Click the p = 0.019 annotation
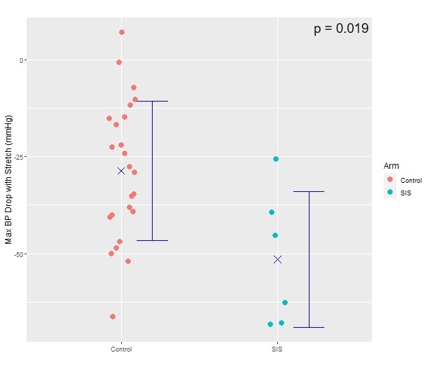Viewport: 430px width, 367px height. coord(341,29)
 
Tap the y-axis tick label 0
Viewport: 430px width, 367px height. coord(21,60)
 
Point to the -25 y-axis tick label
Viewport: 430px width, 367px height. coord(19,157)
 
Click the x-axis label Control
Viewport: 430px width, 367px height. coord(121,349)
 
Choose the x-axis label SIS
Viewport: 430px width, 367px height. coord(277,349)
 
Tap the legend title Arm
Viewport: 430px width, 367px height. coord(391,165)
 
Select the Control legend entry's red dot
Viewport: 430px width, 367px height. coord(391,179)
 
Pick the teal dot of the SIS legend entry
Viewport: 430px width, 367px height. coord(391,192)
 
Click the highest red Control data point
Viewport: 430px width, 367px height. coord(122,32)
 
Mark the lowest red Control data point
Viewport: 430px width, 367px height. coord(113,317)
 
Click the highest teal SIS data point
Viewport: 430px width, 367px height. coord(276,159)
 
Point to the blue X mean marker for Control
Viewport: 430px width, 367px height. coord(121,170)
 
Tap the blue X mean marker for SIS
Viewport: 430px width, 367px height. coord(277,259)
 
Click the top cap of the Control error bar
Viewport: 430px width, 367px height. coord(152,102)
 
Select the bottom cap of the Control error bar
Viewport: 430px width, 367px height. coord(152,240)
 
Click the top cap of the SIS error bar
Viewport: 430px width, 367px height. coord(308,191)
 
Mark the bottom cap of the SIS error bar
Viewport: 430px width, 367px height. coord(308,327)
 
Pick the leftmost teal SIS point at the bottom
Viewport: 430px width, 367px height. coord(270,324)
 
